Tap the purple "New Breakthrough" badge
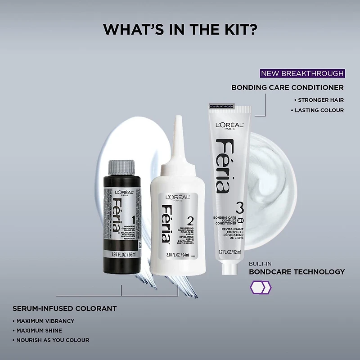[x=302, y=73]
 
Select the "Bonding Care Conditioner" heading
[x=288, y=87]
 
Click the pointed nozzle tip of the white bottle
[x=179, y=119]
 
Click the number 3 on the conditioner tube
[x=239, y=208]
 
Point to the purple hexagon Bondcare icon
[x=260, y=287]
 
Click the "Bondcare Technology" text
[x=297, y=272]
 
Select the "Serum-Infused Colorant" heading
[x=64, y=309]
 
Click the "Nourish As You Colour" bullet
[x=53, y=340]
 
